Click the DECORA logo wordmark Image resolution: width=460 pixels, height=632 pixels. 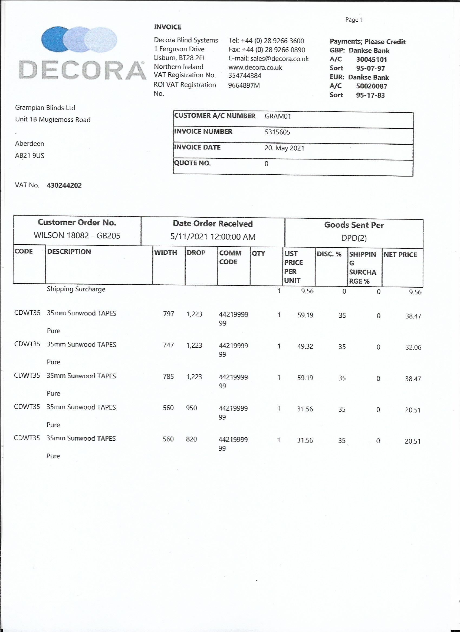coord(83,70)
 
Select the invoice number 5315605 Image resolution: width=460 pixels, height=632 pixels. coord(277,132)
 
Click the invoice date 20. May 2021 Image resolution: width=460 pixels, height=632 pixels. coord(284,148)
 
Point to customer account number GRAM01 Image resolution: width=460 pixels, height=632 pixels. coord(278,116)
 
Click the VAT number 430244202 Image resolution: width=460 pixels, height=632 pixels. coord(64,185)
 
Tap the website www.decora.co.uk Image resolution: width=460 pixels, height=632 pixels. coord(255,67)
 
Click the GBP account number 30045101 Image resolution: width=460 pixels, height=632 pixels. coord(371,59)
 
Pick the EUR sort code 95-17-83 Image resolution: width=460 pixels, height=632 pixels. coord(370,95)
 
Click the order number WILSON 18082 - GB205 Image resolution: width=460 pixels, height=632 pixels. coord(77,235)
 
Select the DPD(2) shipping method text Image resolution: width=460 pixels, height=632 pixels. coord(354,238)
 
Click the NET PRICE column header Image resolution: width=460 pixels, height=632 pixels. coord(400,255)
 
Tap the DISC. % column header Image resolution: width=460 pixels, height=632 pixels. coord(329,254)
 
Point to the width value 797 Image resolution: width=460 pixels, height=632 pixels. coord(169,314)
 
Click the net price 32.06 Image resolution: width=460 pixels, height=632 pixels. coord(413,347)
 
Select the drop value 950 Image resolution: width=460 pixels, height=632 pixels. coord(191,408)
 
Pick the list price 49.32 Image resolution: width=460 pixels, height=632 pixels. coord(305,346)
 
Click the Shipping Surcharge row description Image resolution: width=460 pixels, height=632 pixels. coord(76,289)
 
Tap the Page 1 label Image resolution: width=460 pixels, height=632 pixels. coord(354,19)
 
